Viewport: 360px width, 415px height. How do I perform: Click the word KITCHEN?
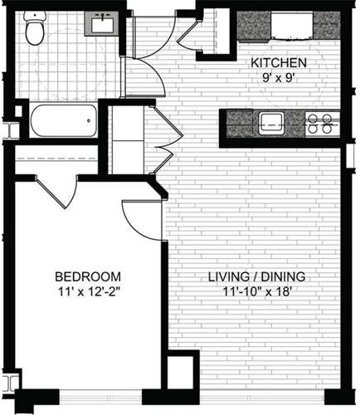click(x=280, y=63)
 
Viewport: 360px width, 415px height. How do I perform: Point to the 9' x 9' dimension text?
click(x=280, y=80)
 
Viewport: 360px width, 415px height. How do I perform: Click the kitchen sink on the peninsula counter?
click(x=271, y=123)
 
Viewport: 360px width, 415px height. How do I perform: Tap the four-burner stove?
click(x=319, y=123)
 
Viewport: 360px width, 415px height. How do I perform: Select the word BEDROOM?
click(x=88, y=276)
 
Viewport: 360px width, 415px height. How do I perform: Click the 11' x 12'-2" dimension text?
click(x=88, y=292)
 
